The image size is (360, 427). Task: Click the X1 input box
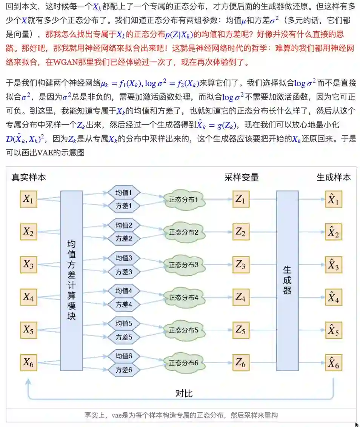[x=28, y=200]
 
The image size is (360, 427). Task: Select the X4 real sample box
[x=28, y=297]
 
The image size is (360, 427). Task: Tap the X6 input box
[x=28, y=363]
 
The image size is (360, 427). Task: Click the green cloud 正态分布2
[x=184, y=232]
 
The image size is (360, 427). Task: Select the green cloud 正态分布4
[x=184, y=298]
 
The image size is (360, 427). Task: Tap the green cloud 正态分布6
[x=184, y=363]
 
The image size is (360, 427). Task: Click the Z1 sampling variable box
[x=240, y=200]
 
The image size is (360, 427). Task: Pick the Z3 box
[x=240, y=265]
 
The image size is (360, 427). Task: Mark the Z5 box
[x=240, y=330]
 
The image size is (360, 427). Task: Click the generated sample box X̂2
[x=333, y=232]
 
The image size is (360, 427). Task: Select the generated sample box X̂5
[x=333, y=330]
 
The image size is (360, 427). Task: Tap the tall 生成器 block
[x=287, y=281]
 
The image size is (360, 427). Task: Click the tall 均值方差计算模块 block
[x=71, y=281]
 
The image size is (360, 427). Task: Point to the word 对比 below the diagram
[x=184, y=393]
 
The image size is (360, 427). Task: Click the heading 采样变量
[x=242, y=177]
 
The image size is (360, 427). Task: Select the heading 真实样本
[x=29, y=177]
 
